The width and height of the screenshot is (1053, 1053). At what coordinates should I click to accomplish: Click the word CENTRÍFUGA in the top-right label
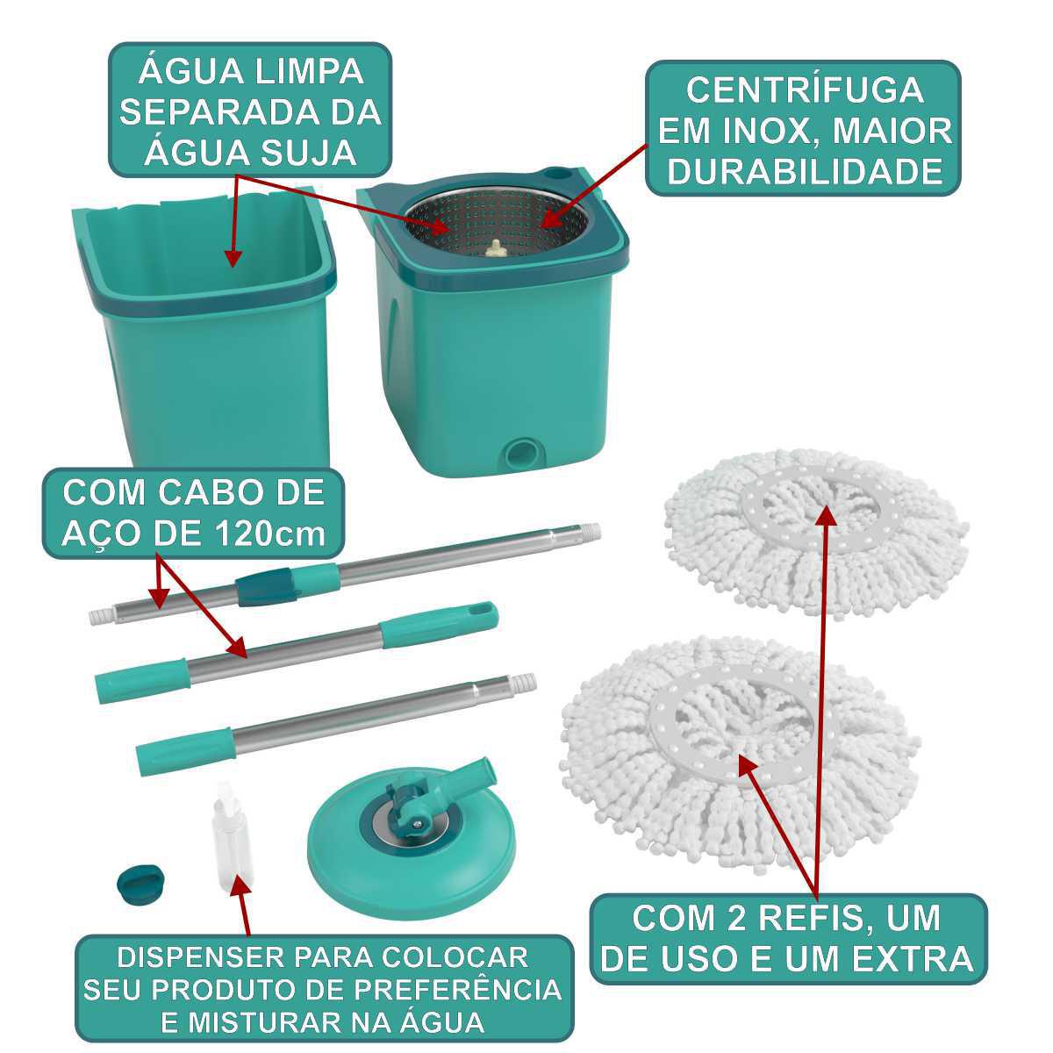pos(805,90)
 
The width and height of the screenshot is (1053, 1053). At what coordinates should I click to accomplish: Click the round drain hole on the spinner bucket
pos(519,454)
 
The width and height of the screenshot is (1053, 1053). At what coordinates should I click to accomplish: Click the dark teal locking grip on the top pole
pos(263,586)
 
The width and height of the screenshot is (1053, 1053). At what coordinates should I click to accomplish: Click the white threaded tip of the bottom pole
pos(524,683)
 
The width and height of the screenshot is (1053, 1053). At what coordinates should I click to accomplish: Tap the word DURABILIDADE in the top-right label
pos(805,172)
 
